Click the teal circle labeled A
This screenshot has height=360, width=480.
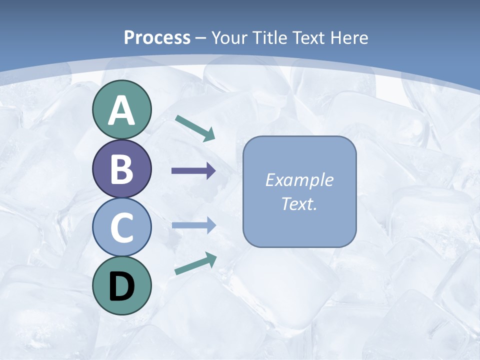click(x=121, y=110)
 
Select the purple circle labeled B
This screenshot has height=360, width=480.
click(x=121, y=169)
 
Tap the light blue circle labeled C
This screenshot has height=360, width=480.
click(x=121, y=227)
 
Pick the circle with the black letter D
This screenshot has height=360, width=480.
click(x=121, y=285)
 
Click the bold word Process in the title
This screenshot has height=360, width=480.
click(x=157, y=37)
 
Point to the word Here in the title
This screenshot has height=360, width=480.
click(x=351, y=37)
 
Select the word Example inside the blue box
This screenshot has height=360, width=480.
click(x=299, y=180)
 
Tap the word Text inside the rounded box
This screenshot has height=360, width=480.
click(x=297, y=204)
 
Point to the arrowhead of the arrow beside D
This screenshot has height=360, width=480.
click(x=211, y=258)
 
